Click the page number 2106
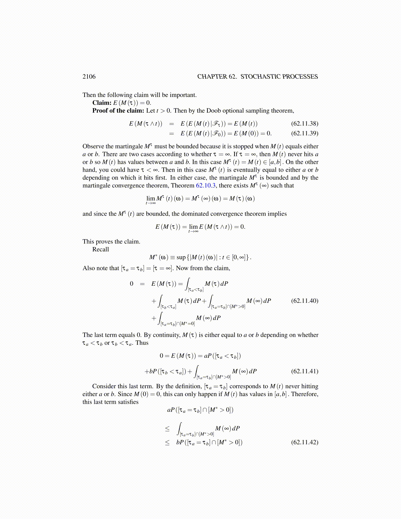coord(89,77)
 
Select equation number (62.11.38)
coord(304,124)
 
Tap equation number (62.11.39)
coord(304,133)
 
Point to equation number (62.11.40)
coord(304,301)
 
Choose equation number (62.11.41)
coord(304,371)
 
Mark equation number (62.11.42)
coord(304,442)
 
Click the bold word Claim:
coord(102,103)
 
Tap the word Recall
coord(100,250)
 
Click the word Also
coord(88,268)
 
